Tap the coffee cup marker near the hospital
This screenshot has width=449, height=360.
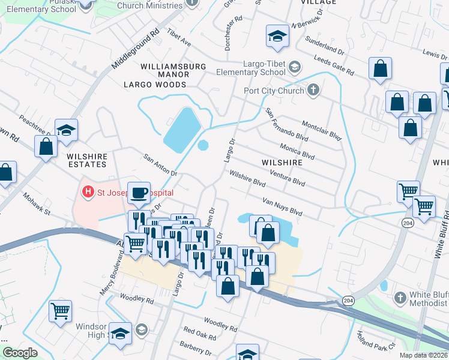coord(139,193)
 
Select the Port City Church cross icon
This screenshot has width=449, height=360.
coord(312,91)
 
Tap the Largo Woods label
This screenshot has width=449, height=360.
coord(155,85)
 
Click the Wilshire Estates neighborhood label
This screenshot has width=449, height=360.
coord(87,160)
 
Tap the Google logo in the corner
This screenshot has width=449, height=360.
coord(20,353)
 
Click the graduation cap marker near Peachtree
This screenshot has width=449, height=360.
coord(67,130)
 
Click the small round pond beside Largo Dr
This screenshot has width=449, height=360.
coord(203,145)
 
